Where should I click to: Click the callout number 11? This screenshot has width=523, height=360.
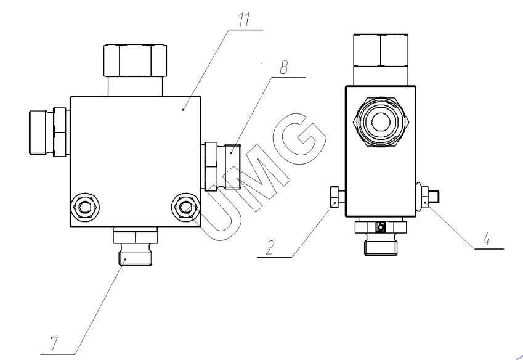pyautogui.click(x=245, y=20)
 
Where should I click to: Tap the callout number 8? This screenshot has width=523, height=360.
pyautogui.click(x=284, y=68)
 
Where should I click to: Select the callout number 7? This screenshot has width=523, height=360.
pyautogui.click(x=54, y=343)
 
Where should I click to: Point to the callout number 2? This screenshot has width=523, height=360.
pyautogui.click(x=270, y=248)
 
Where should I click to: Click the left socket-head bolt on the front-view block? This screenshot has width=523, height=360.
pyautogui.click(x=86, y=207)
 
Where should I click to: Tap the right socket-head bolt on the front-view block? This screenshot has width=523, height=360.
pyautogui.click(x=185, y=207)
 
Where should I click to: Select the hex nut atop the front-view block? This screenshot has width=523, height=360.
pyautogui.click(x=135, y=61)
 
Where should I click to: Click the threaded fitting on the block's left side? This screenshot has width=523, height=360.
pyautogui.click(x=49, y=132)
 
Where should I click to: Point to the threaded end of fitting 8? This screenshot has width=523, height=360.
pyautogui.click(x=233, y=166)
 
